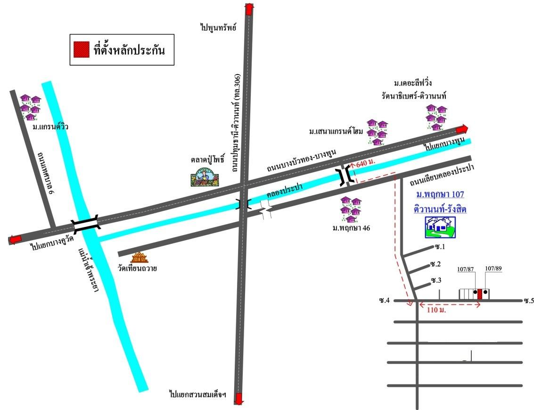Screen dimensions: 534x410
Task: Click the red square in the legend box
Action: point(82,50)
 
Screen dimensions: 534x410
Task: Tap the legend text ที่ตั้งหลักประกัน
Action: point(129,50)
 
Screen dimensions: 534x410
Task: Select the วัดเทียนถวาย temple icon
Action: point(140,257)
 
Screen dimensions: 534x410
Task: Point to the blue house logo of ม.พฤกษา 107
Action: point(440,227)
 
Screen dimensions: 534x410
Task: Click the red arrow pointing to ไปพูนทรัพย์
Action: point(249,9)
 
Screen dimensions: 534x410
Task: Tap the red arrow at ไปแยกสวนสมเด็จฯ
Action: point(239,398)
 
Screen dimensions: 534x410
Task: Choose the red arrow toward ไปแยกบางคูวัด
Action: point(14,240)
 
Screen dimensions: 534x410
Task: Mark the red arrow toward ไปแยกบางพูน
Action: point(462,129)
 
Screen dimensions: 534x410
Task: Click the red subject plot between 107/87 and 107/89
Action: point(479,294)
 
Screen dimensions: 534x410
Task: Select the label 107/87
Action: point(465,269)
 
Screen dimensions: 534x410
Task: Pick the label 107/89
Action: point(493,268)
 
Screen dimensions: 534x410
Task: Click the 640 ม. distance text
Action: point(365,162)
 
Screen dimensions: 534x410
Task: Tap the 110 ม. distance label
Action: point(436,310)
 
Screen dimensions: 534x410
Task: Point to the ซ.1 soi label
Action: point(440,247)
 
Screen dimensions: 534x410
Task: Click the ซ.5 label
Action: point(529,301)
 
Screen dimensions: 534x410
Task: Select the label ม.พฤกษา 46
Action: point(351,228)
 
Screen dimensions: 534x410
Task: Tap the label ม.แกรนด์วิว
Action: point(50,127)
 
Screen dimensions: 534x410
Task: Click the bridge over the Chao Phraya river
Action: point(86,225)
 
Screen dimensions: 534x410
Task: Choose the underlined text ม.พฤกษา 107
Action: point(440,194)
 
